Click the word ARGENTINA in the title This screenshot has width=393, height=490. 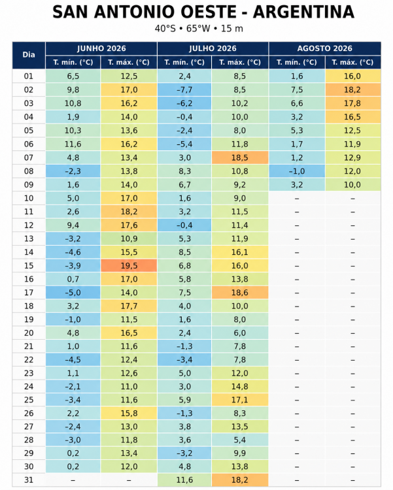pyautogui.click(x=303, y=12)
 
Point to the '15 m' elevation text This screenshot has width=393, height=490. pyautogui.click(x=232, y=29)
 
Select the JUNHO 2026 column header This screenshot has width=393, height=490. pyautogui.click(x=101, y=48)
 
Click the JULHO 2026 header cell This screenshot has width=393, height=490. pyautogui.click(x=213, y=48)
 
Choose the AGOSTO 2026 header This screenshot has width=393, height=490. pyautogui.click(x=325, y=48)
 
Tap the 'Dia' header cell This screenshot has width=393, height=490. pyautogui.click(x=29, y=55)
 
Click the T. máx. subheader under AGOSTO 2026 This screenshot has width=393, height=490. pyautogui.click(x=352, y=62)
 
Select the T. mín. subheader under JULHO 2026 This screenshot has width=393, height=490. pyautogui.click(x=184, y=62)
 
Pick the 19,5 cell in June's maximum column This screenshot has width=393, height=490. pyautogui.click(x=129, y=266)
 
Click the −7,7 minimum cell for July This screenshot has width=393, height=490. pyautogui.click(x=184, y=90)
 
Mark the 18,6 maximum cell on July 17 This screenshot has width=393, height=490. pyautogui.click(x=240, y=293)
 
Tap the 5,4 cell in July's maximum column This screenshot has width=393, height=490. pyautogui.click(x=240, y=440)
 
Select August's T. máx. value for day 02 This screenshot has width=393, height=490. pyautogui.click(x=352, y=90)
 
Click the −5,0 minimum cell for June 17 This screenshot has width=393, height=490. pyautogui.click(x=73, y=293)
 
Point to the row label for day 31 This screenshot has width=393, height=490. pyautogui.click(x=29, y=480)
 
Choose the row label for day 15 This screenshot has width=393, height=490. pyautogui.click(x=29, y=266)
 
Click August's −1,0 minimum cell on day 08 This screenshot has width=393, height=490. pyautogui.click(x=297, y=171)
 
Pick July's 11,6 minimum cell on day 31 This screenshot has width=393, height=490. pyautogui.click(x=184, y=480)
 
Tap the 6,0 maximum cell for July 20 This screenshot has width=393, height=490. pyautogui.click(x=240, y=333)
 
